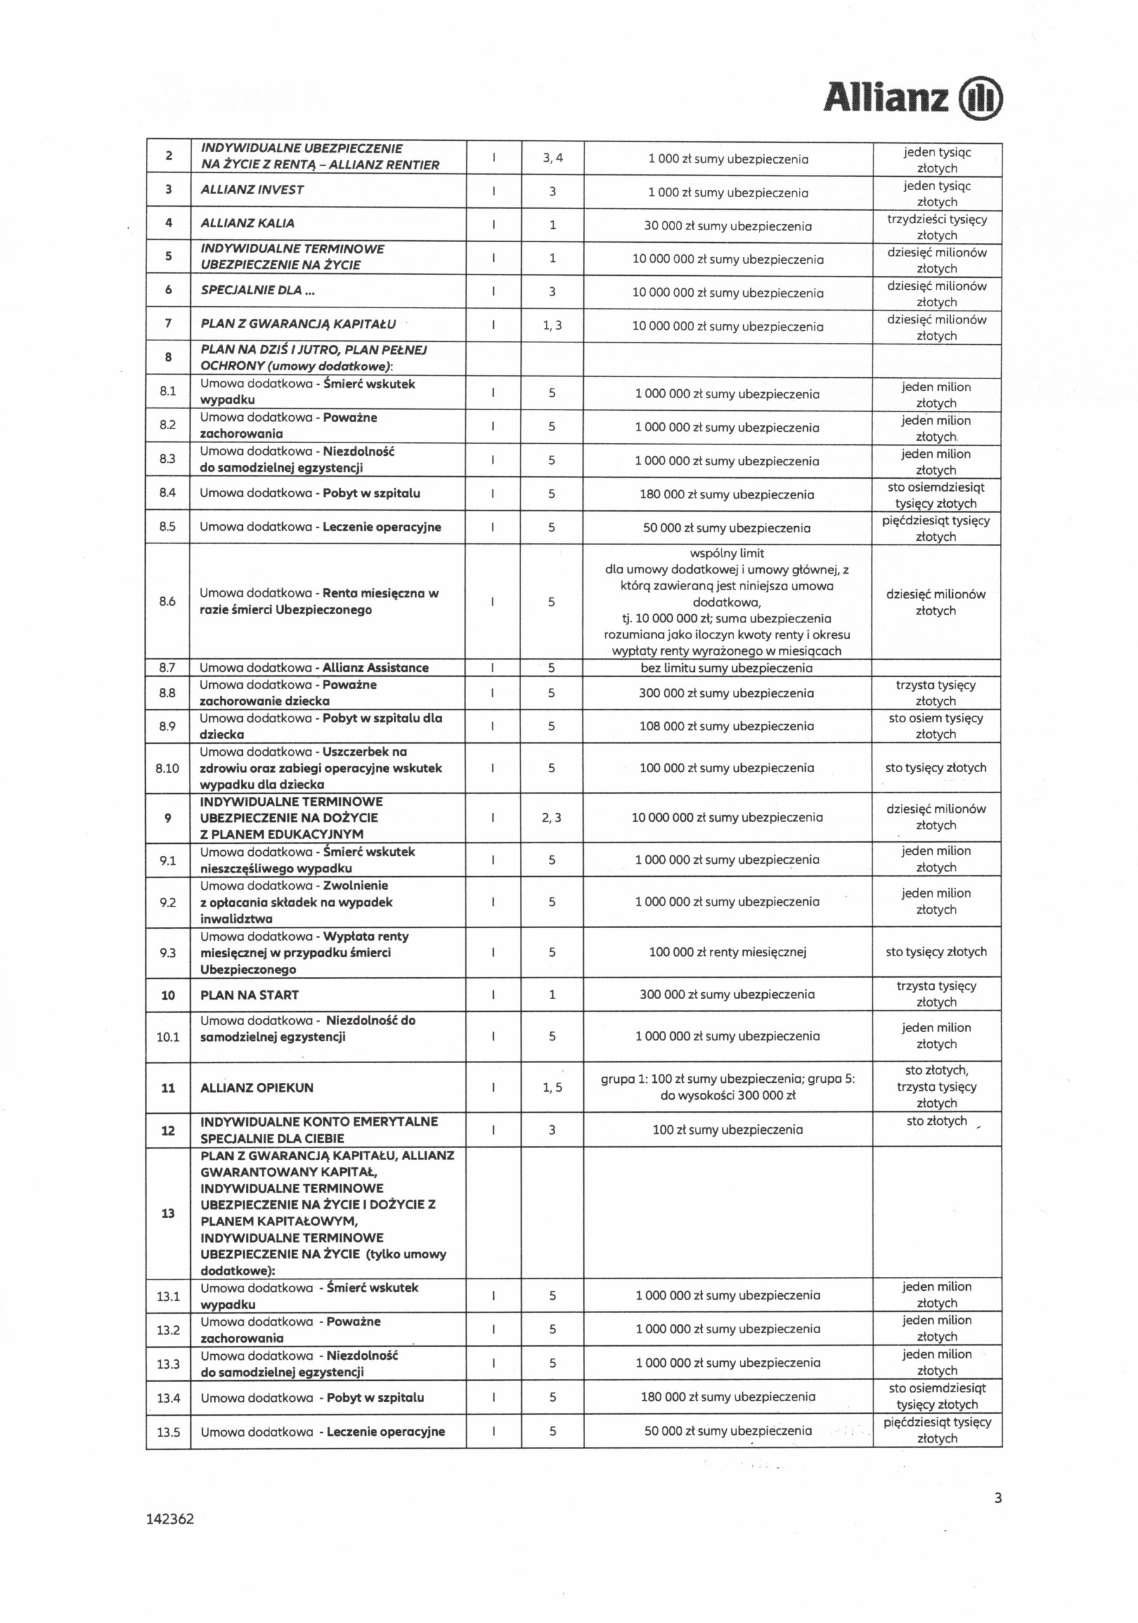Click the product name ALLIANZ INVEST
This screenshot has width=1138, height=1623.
point(252,190)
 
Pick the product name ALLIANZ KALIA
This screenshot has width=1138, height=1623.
point(247,223)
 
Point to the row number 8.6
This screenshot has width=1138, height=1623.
point(167,602)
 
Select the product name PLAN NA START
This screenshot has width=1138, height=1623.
point(250,995)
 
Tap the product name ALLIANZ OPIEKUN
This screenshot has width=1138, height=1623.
point(257,1088)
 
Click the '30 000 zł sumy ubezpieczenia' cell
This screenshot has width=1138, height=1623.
point(727,226)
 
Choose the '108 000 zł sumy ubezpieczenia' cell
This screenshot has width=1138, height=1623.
point(727,726)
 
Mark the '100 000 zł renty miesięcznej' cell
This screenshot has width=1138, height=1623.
point(727,952)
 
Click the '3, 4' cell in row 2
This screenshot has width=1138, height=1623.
point(553,158)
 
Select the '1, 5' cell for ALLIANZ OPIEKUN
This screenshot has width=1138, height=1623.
point(552,1088)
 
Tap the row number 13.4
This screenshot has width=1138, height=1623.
point(168,1397)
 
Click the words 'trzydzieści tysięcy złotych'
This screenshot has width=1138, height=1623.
point(936,227)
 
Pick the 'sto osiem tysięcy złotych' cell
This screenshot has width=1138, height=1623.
point(936,726)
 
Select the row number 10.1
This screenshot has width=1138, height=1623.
point(168,1037)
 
